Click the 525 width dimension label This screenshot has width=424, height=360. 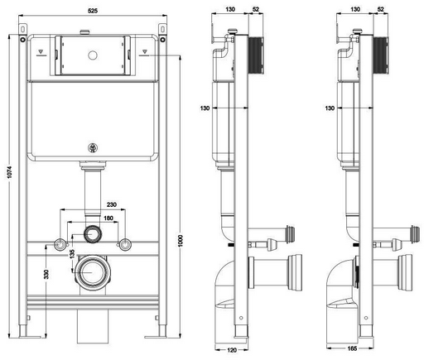coord(93,11)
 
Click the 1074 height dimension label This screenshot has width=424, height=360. coord(10,172)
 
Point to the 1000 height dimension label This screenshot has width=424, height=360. coord(181,241)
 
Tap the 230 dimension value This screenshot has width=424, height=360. coord(112,204)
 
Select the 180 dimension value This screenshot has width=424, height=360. coord(108,218)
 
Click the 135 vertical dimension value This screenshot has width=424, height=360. coord(72,254)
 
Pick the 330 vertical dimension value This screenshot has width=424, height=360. coord(46,274)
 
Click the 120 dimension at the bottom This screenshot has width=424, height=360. coord(232,350)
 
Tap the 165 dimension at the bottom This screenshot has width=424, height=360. coord(352,348)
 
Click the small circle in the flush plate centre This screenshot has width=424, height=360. coord(93,55)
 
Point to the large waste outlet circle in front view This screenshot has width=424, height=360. coord(93,272)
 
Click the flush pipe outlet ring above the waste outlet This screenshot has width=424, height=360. coord(93,234)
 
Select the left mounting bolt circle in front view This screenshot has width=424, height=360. coord(60,245)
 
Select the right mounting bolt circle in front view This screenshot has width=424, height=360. coord(125,245)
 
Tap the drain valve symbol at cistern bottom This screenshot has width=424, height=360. coord(93,148)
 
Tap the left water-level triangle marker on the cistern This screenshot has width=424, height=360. coord(41,51)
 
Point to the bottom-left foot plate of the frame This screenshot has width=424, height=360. coord(30,337)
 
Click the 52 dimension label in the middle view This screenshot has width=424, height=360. coord(256,9)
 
